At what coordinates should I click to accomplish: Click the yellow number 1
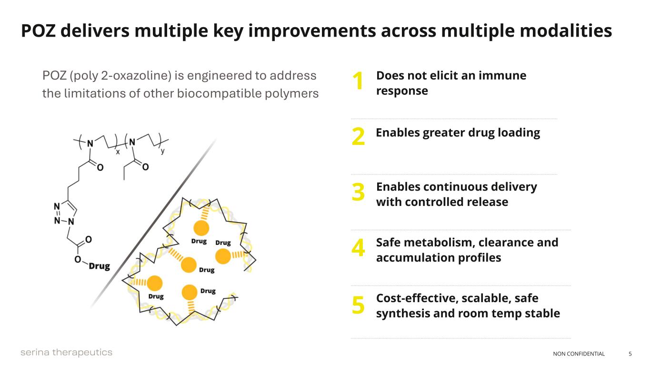(x=358, y=81)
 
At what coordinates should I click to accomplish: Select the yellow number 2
(x=358, y=137)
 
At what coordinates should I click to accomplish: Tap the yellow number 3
(x=358, y=192)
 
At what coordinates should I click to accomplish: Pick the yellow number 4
(x=358, y=248)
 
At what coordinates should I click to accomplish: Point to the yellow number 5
(x=358, y=305)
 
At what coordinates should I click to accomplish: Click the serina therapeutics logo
(x=66, y=353)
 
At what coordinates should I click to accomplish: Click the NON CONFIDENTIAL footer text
(x=579, y=354)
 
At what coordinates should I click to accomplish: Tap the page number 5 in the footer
(x=630, y=354)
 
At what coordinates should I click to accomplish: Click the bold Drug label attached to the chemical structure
(x=100, y=266)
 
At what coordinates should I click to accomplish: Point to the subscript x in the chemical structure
(x=118, y=152)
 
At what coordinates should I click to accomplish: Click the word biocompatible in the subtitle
(x=216, y=93)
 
